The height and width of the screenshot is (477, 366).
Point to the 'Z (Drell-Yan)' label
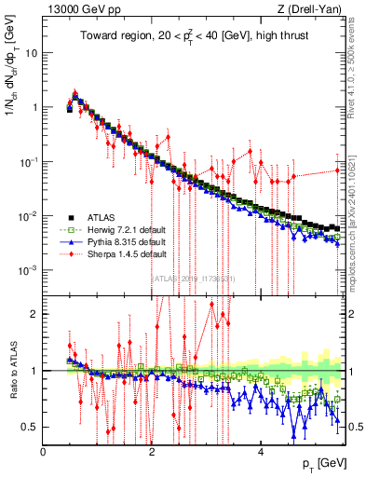[306, 10]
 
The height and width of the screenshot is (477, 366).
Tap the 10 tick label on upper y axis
[30, 53]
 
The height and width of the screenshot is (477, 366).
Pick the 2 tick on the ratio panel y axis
[34, 314]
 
